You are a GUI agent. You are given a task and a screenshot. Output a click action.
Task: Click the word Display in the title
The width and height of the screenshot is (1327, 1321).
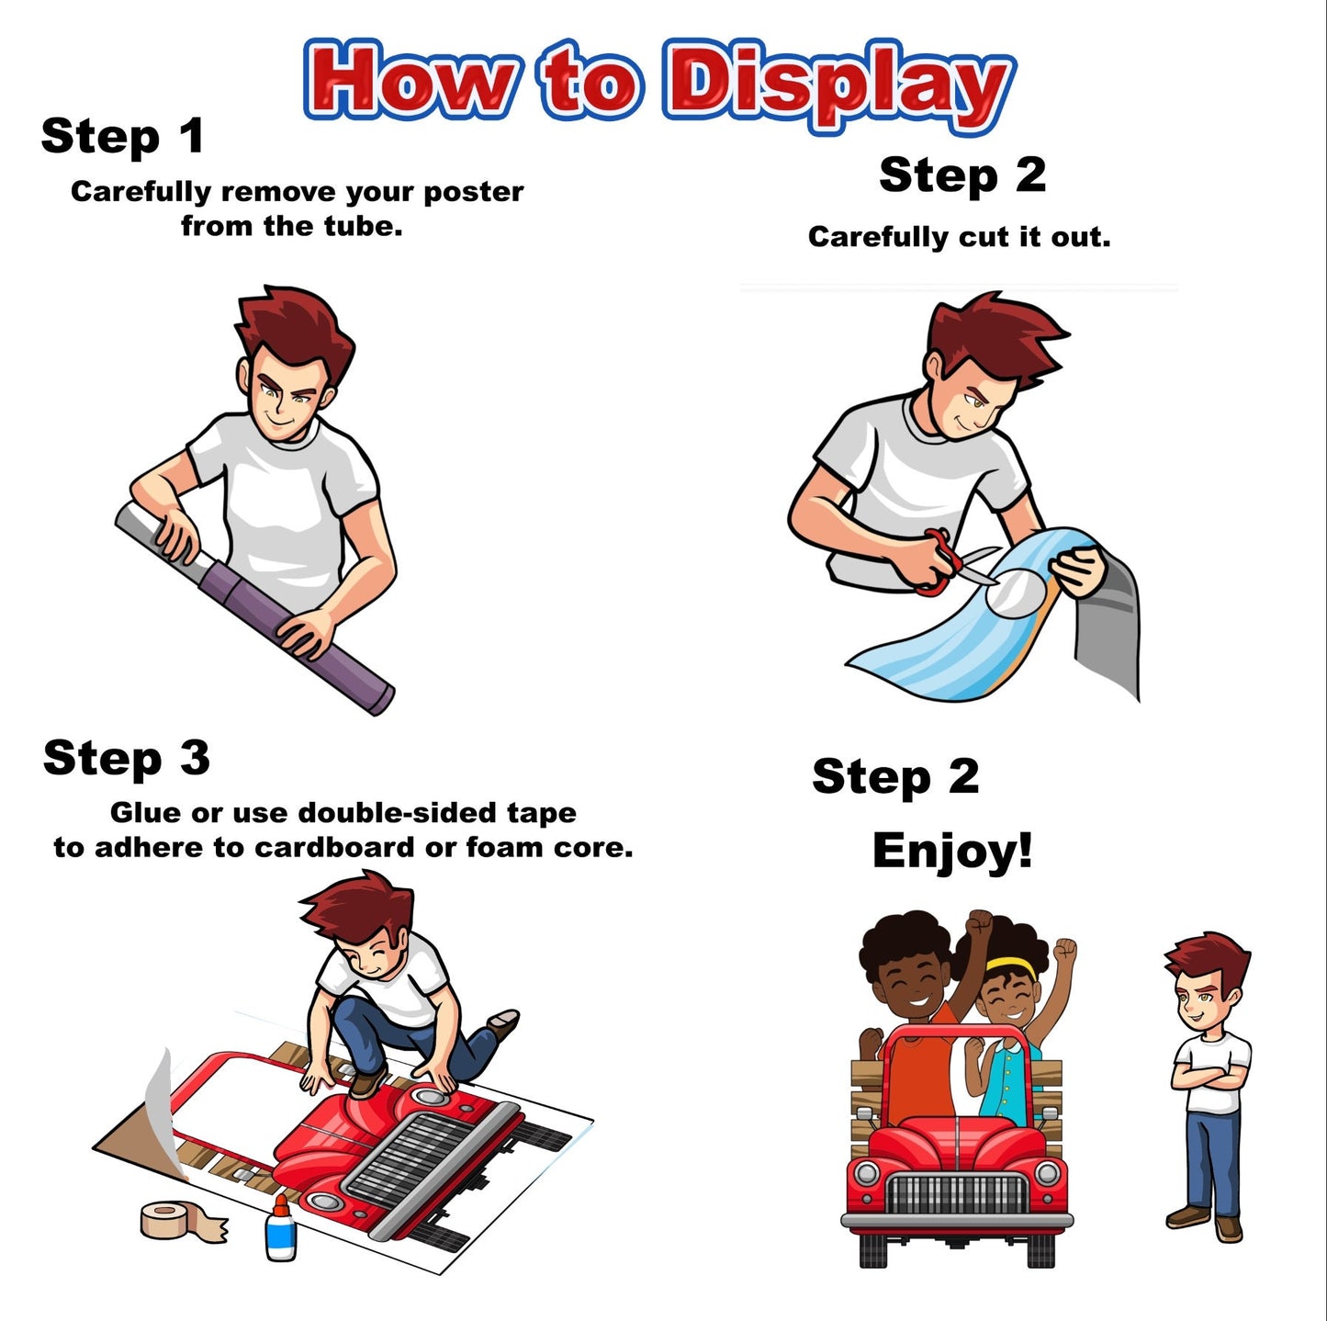tap(838, 86)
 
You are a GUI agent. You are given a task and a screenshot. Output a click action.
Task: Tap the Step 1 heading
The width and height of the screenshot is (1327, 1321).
tap(122, 137)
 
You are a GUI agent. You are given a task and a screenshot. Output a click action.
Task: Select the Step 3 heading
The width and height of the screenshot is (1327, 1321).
tap(126, 759)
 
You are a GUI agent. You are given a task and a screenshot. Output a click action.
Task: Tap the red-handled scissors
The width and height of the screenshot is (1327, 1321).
tap(954, 559)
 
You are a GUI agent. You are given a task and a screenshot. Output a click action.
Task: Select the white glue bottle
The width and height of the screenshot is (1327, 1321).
tap(280, 1227)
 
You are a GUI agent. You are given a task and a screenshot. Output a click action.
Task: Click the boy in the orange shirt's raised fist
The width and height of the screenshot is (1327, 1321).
tap(979, 925)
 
